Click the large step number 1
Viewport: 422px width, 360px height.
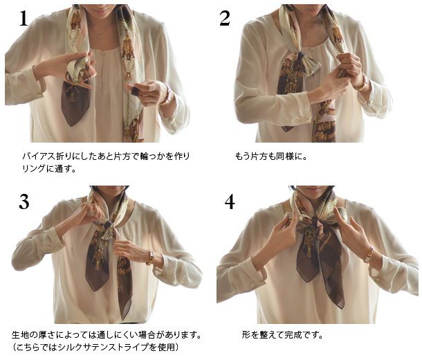(24, 19)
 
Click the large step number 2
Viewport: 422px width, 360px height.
(225, 18)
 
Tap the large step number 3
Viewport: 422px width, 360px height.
(24, 202)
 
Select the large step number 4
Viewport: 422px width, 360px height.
(230, 202)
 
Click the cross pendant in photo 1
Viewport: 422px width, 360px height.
(100, 37)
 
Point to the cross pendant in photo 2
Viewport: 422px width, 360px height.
(307, 35)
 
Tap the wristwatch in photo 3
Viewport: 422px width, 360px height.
(150, 257)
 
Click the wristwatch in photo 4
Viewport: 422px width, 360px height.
(369, 254)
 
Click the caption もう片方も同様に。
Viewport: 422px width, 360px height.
(270, 156)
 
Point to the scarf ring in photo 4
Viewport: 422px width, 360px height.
(315, 222)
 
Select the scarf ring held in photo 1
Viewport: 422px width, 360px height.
(135, 90)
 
